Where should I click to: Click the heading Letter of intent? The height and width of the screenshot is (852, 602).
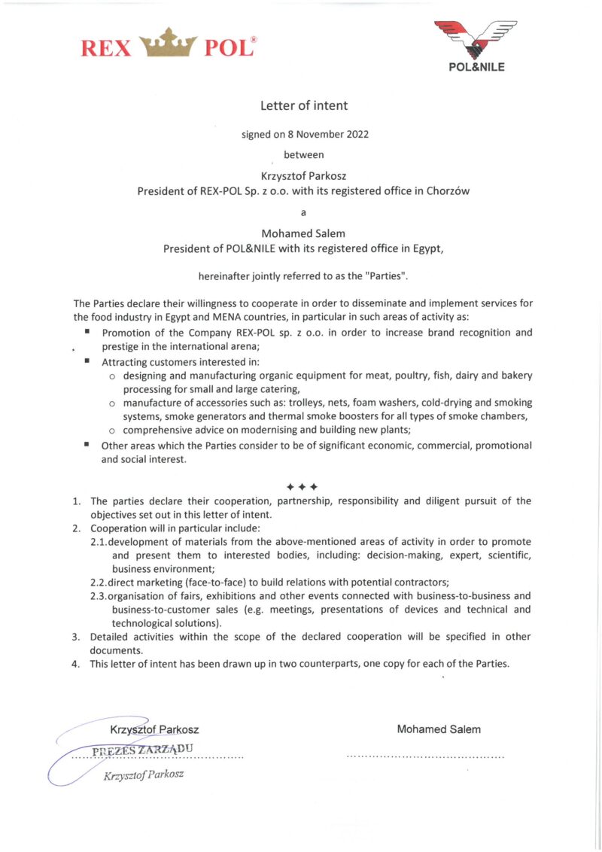click(x=304, y=105)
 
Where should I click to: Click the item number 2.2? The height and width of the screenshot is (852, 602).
click(x=99, y=582)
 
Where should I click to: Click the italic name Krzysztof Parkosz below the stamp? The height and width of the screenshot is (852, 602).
click(x=144, y=774)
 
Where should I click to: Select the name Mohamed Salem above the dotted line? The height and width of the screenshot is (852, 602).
click(x=439, y=729)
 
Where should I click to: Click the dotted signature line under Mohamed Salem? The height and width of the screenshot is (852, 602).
click(x=425, y=755)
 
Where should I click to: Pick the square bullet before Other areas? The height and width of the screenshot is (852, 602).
click(x=87, y=445)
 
